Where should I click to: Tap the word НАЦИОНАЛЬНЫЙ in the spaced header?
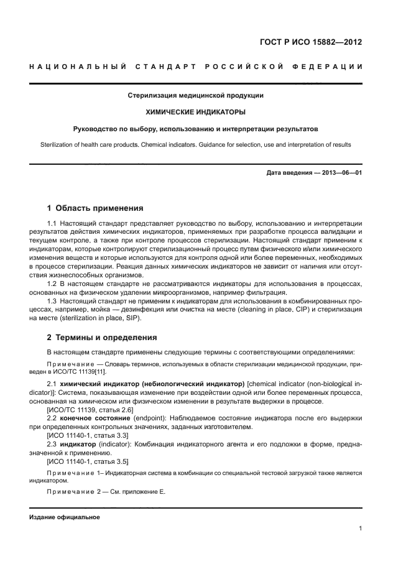point(78,67)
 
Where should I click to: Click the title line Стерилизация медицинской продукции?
point(195,96)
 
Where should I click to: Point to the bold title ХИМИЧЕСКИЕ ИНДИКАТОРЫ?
point(195,113)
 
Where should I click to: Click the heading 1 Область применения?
point(95,208)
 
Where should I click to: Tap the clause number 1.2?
point(53,284)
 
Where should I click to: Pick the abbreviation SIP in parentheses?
point(132,318)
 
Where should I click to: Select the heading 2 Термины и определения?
point(102,338)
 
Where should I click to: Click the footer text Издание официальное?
point(64,517)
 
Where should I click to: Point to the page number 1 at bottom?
point(361,529)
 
